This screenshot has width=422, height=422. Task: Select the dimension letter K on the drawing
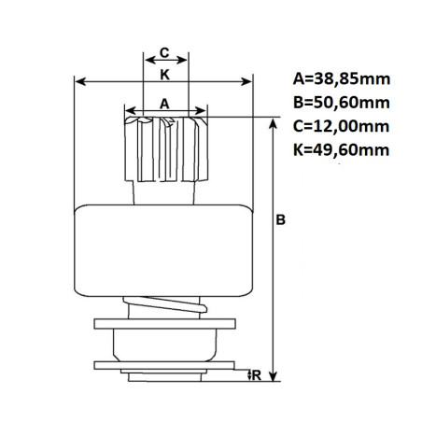164,72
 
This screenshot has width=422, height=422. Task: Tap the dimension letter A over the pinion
165,105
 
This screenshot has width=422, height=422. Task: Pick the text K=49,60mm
340,148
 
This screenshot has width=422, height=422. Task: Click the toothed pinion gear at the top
165,149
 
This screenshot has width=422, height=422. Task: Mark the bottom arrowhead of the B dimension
272,370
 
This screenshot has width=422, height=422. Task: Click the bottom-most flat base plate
164,373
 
